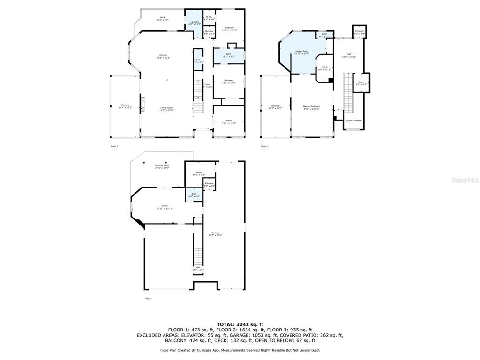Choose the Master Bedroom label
tap(311, 107)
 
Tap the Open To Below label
tap(353, 120)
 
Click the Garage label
tap(216, 233)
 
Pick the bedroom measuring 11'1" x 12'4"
tap(228, 81)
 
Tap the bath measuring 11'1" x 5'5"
tap(228, 55)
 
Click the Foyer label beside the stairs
tap(207, 85)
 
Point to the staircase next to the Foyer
tap(198, 96)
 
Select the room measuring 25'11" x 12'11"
tap(165, 207)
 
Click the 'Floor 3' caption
tap(265, 146)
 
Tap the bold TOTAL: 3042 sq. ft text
tap(240, 324)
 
